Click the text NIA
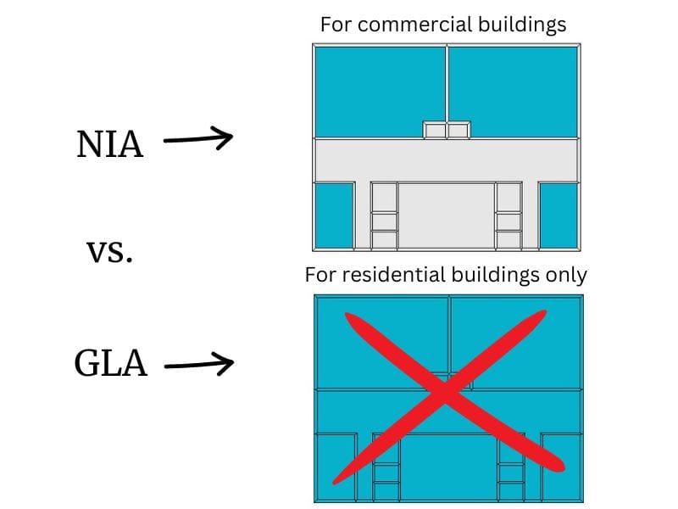tap(110, 145)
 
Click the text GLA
tap(111, 365)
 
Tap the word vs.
tap(110, 251)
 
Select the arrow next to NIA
tap(197, 139)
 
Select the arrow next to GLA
tap(198, 365)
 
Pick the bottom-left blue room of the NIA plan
tap(333, 215)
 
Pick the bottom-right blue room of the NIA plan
tap(559, 215)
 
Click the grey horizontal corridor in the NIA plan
tap(447, 159)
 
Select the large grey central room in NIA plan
tap(447, 215)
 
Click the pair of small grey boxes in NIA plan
tap(447, 130)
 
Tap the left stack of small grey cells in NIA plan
tap(384, 217)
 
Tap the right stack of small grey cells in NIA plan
tap(508, 217)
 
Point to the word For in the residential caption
tap(320, 275)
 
